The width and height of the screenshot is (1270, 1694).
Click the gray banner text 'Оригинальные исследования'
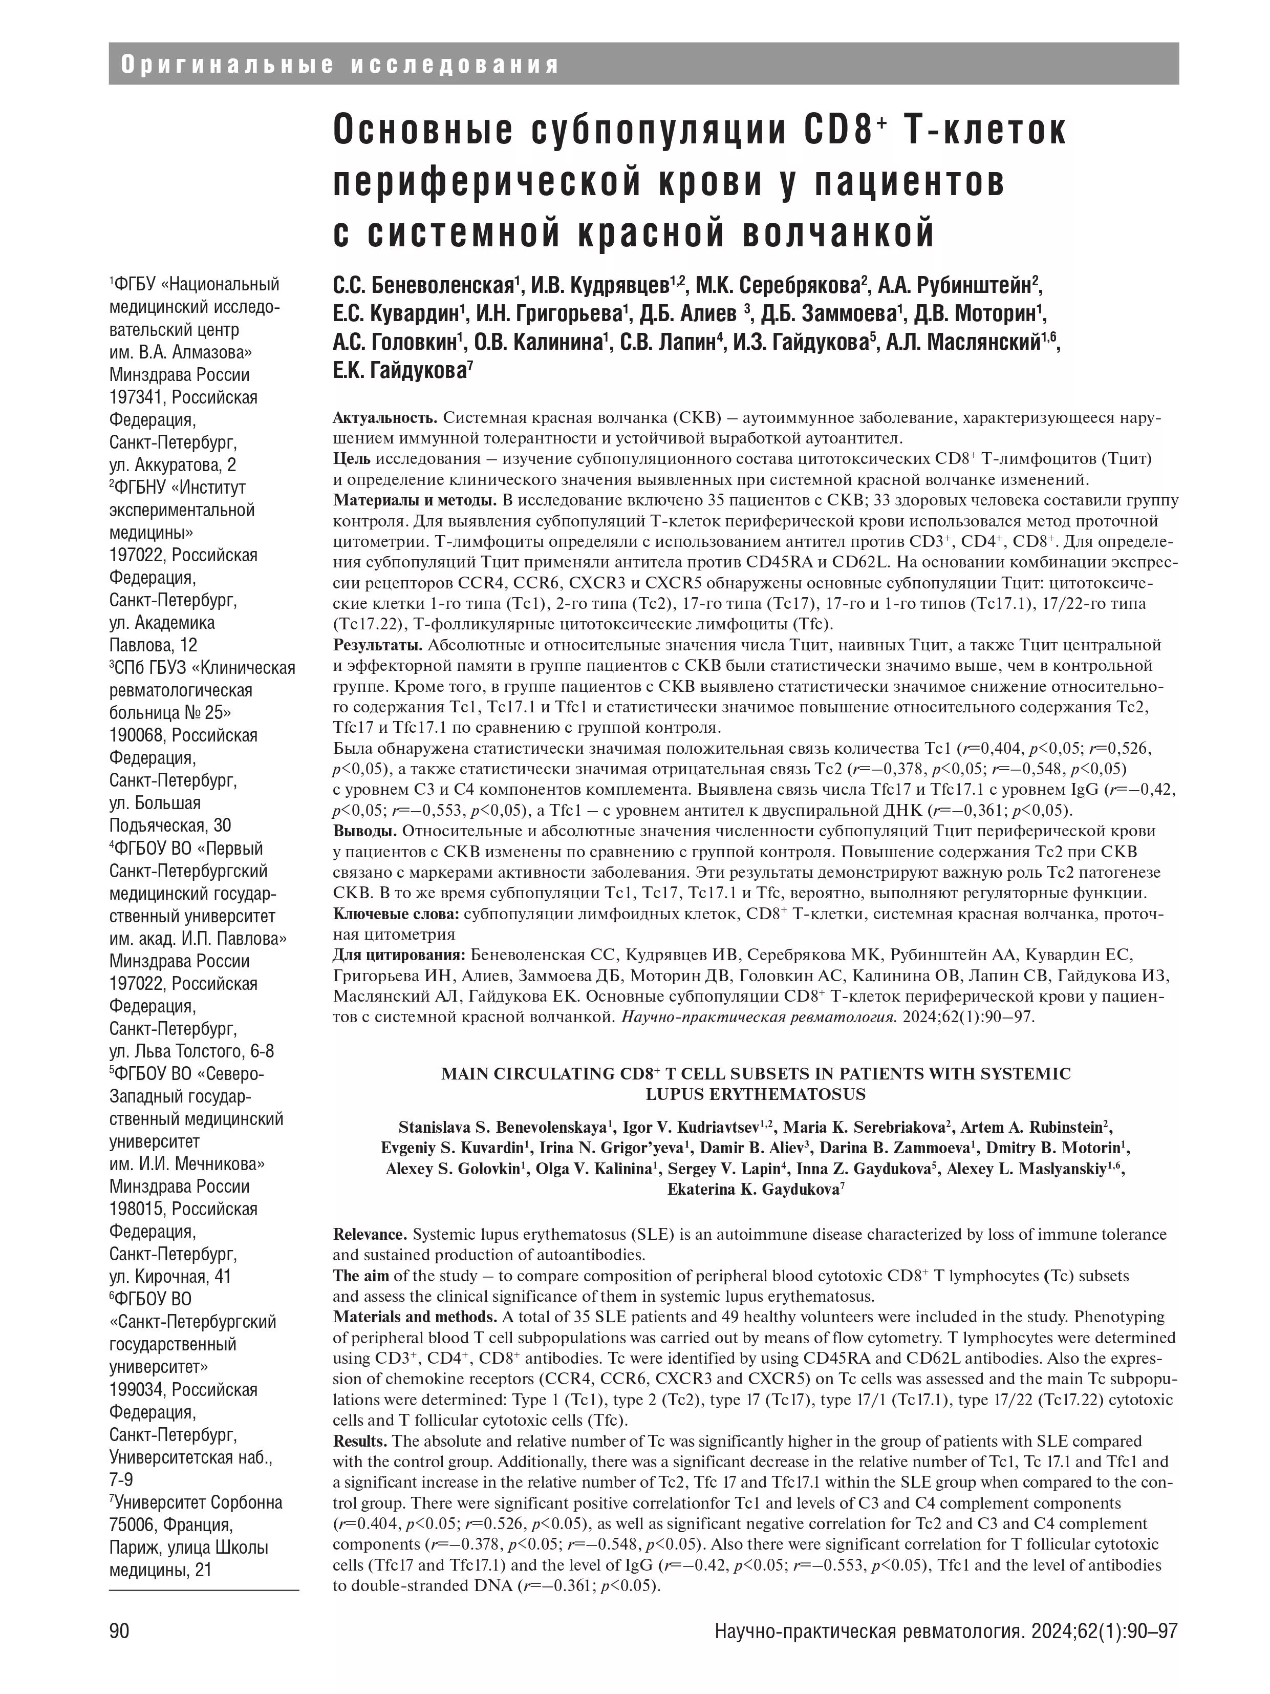coord(340,65)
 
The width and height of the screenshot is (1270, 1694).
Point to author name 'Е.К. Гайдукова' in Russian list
coord(399,371)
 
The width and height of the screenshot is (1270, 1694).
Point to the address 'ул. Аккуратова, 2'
coord(173,465)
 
